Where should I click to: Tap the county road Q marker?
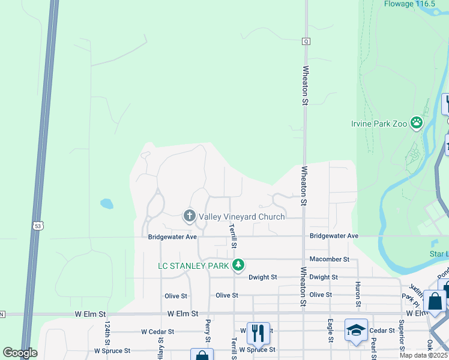(x=306, y=41)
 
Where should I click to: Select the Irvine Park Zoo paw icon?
(x=417, y=124)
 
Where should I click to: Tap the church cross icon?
(x=190, y=215)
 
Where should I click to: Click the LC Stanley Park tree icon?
(x=239, y=265)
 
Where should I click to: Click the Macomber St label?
(x=329, y=259)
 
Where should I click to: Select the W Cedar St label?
(x=157, y=331)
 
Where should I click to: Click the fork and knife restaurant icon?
(x=258, y=331)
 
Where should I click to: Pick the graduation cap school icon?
(x=356, y=329)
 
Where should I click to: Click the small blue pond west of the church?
(x=107, y=203)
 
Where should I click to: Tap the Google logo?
(x=20, y=353)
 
